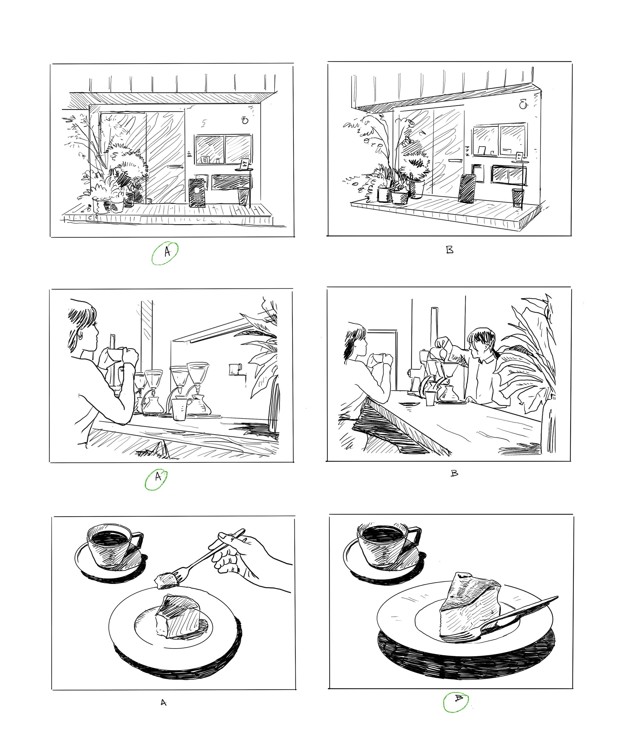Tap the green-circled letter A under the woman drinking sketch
158,477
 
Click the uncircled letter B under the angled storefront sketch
450,250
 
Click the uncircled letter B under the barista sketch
454,474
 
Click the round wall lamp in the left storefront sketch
245,120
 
